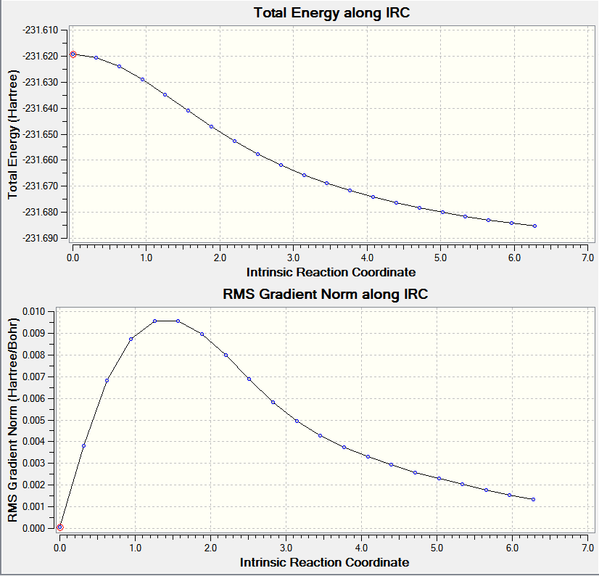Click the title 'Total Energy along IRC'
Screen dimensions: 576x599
(331, 13)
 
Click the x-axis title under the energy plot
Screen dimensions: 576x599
(331, 272)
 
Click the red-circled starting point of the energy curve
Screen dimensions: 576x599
(73, 54)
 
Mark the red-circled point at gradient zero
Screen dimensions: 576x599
(60, 527)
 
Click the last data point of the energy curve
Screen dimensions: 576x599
(534, 226)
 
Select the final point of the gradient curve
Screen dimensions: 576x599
(533, 499)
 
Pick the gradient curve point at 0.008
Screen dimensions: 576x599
(226, 355)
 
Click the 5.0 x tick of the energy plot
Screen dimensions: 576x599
(440, 257)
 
